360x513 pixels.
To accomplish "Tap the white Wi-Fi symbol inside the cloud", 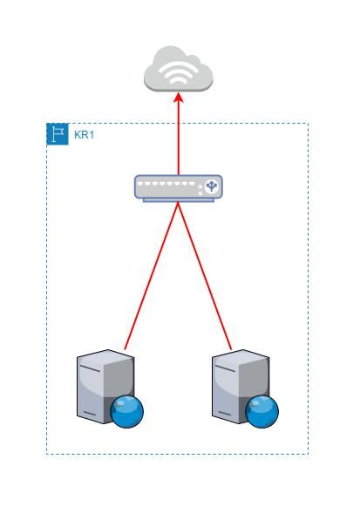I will (x=179, y=74).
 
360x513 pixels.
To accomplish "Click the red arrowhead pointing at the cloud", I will (x=179, y=98).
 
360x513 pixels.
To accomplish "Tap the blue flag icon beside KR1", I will (x=58, y=134).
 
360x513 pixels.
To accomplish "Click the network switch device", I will (x=178, y=187).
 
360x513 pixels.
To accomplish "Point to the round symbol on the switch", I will (x=210, y=186).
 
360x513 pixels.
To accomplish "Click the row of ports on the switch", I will (x=170, y=186).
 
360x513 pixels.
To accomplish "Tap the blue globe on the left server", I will (x=126, y=411).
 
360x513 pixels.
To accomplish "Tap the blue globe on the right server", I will (x=262, y=411).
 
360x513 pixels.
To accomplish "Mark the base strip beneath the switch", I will (x=178, y=199).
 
